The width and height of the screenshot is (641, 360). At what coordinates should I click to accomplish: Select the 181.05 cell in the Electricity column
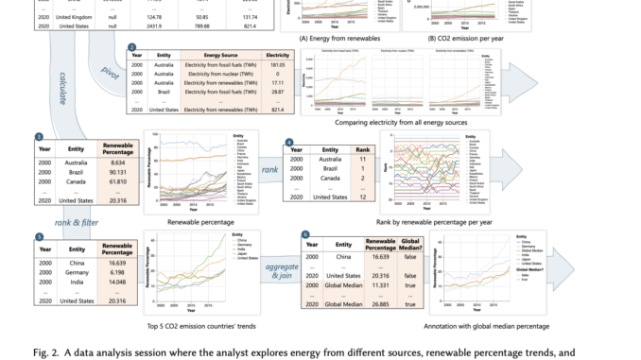click(277, 66)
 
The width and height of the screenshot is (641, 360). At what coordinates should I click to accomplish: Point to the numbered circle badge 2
click(130, 47)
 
